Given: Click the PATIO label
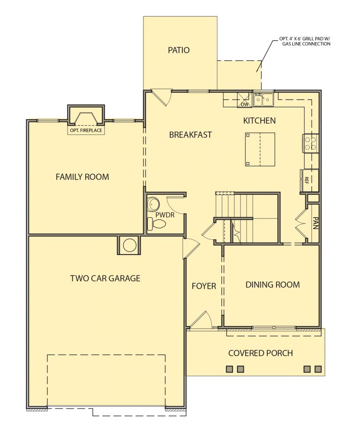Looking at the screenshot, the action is pyautogui.click(x=178, y=50).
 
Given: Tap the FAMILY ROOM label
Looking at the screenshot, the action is pyautogui.click(x=82, y=177).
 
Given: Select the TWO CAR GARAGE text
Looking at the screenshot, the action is pyautogui.click(x=105, y=278).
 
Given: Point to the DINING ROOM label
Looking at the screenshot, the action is pyautogui.click(x=272, y=284).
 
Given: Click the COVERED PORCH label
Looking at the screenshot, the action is pyautogui.click(x=260, y=353).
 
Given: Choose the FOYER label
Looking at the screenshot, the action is pyautogui.click(x=204, y=286).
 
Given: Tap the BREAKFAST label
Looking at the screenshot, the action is pyautogui.click(x=191, y=135).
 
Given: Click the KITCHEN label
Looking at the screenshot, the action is pyautogui.click(x=259, y=121).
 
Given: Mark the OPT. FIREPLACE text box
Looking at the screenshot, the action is pyautogui.click(x=85, y=131).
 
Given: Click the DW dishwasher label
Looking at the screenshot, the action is pyautogui.click(x=245, y=104).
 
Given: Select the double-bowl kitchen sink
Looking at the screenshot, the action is pyautogui.click(x=263, y=99).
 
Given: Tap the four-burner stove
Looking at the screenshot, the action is pyautogui.click(x=310, y=143).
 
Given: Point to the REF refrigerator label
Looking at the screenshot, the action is pyautogui.click(x=307, y=180).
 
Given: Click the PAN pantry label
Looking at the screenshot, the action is pyautogui.click(x=316, y=223).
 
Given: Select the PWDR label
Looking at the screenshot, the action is pyautogui.click(x=165, y=215).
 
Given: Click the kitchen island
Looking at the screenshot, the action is pyautogui.click(x=260, y=150).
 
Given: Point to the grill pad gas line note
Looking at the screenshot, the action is pyautogui.click(x=304, y=42).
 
